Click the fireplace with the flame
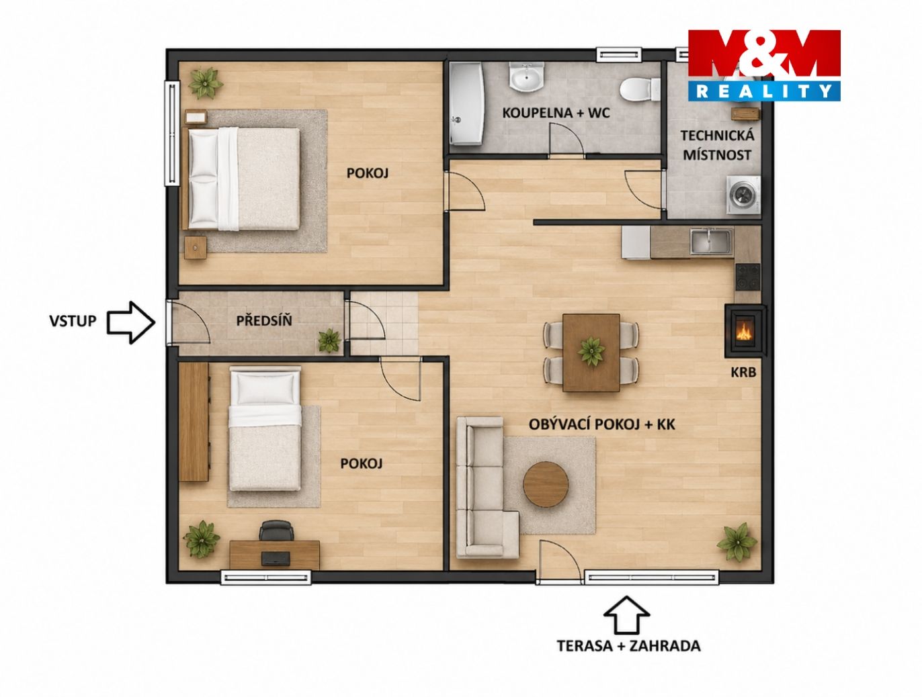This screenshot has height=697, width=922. click(745, 331)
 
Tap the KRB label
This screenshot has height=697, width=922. click(743, 372)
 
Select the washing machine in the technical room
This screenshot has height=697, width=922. click(744, 196)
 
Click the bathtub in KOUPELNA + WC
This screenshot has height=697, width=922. click(466, 103)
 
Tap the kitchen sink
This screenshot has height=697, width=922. click(711, 242)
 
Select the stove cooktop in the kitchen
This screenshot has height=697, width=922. click(747, 277)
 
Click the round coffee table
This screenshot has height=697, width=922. click(546, 484)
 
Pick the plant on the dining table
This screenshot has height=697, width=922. click(591, 351)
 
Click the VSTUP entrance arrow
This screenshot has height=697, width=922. click(130, 322)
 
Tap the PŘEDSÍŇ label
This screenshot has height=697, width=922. click(264, 321)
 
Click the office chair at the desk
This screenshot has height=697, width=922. click(276, 530)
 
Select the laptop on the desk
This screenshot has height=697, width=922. click(276, 559)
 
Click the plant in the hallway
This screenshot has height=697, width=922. click(329, 340)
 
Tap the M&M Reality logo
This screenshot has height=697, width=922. click(764, 65)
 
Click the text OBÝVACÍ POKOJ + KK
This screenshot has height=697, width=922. click(602, 424)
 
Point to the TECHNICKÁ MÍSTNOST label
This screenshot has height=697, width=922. click(717, 145)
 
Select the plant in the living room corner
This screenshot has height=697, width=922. click(737, 542)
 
